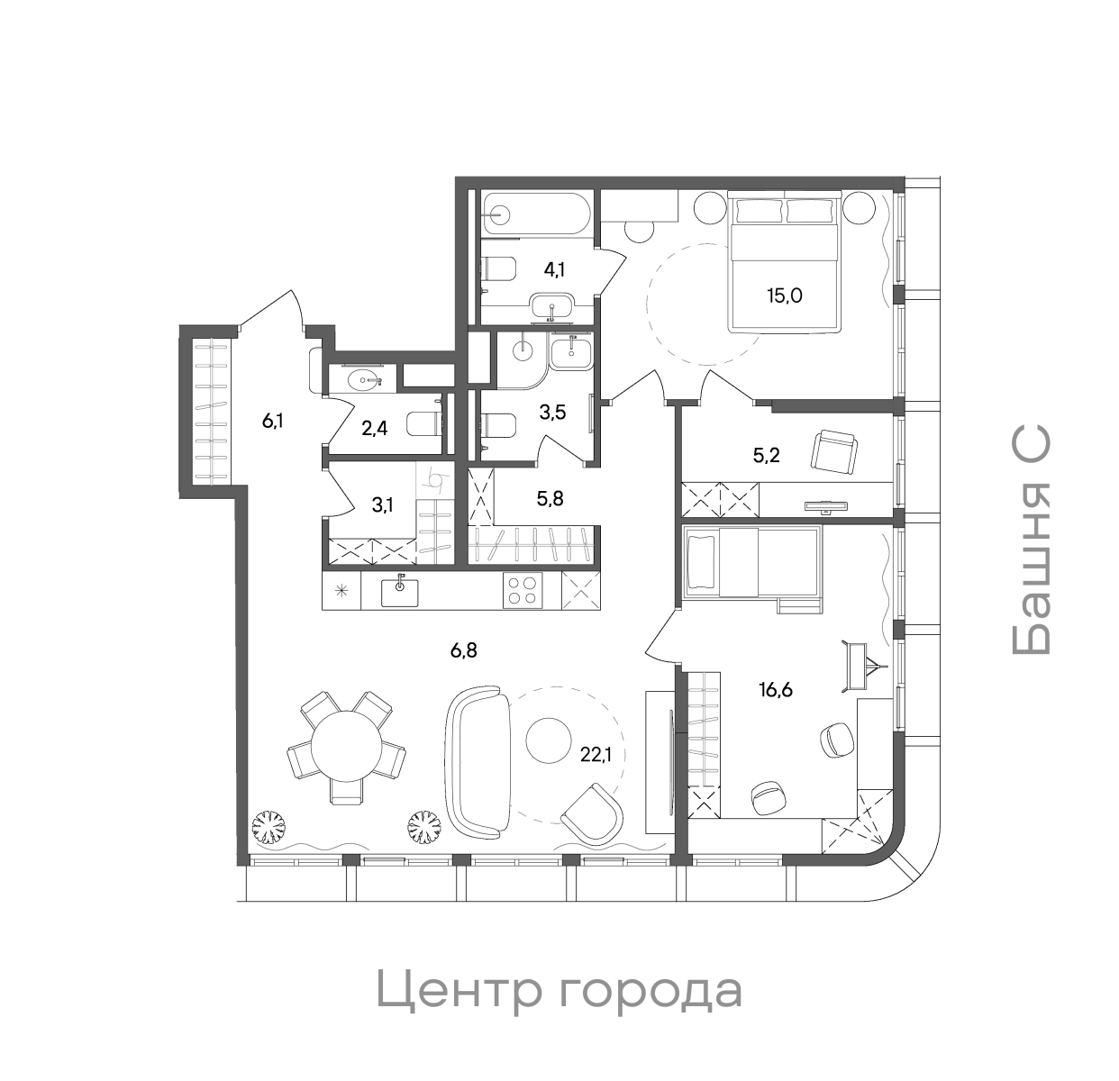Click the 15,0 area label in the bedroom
click(x=784, y=295)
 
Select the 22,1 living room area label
click(x=596, y=755)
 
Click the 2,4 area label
click(x=374, y=427)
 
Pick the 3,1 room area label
click(x=382, y=504)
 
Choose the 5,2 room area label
click(x=766, y=455)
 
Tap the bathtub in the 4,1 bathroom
click(x=535, y=214)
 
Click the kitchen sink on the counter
click(x=399, y=591)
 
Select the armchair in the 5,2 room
click(x=834, y=450)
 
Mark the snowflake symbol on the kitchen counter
click(x=341, y=591)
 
